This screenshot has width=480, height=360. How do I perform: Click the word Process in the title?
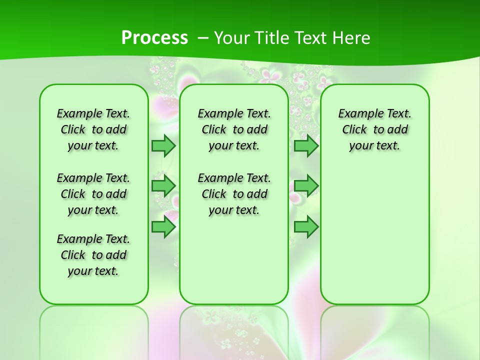(154, 38)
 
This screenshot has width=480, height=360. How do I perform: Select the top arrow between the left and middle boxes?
(163, 145)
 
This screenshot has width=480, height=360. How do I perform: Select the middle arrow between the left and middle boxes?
(163, 186)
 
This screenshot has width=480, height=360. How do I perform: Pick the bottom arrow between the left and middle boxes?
(163, 227)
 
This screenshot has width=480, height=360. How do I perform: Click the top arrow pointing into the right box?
(306, 145)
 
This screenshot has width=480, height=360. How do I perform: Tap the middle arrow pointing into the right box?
(306, 186)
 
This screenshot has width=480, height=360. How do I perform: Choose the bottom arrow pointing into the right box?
(306, 227)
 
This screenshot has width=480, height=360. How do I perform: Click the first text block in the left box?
(93, 129)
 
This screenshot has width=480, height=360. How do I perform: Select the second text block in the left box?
(93, 194)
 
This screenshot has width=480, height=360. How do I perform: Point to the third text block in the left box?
(93, 255)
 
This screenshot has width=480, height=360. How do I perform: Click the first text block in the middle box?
(234, 129)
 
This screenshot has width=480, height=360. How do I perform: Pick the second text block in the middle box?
(234, 194)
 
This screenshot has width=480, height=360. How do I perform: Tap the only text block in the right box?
(374, 129)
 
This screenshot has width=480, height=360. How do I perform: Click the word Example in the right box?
(356, 114)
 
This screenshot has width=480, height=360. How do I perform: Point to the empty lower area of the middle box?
(234, 260)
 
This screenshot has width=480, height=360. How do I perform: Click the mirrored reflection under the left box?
(94, 330)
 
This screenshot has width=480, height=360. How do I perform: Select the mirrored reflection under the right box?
(374, 330)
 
